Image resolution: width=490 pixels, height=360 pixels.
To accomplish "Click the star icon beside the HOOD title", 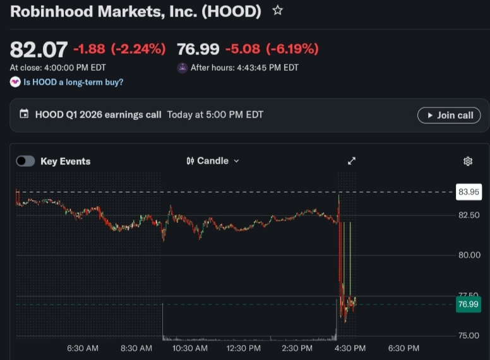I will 277,11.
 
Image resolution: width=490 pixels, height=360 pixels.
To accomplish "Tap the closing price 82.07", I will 39,50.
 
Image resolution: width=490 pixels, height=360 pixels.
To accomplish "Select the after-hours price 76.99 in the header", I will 198,49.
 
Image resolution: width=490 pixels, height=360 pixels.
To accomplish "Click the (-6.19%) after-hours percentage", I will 292,49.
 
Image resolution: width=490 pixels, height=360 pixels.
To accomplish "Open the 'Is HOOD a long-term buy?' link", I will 73,82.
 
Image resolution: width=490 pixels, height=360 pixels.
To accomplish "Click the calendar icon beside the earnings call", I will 24,114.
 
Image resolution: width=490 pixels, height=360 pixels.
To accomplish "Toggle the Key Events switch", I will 25,161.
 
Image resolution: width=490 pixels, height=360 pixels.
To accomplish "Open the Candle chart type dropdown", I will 213,161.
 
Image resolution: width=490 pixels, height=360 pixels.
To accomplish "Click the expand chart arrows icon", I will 352,161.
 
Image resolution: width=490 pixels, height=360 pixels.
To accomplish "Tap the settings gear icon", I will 468,161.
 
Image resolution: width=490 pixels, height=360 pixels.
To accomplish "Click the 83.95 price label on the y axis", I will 469,192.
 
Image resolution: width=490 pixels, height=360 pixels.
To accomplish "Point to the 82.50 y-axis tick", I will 469,215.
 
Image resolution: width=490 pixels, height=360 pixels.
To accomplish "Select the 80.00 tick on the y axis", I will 469,255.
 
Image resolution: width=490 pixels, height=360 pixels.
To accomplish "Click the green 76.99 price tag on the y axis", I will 469,304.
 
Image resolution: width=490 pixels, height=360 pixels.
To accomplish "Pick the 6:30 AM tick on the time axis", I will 83,348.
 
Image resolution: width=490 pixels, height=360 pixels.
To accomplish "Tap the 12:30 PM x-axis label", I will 243,348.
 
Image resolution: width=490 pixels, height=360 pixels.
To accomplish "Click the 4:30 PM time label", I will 350,348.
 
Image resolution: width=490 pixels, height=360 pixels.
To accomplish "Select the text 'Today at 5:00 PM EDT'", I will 215,115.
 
